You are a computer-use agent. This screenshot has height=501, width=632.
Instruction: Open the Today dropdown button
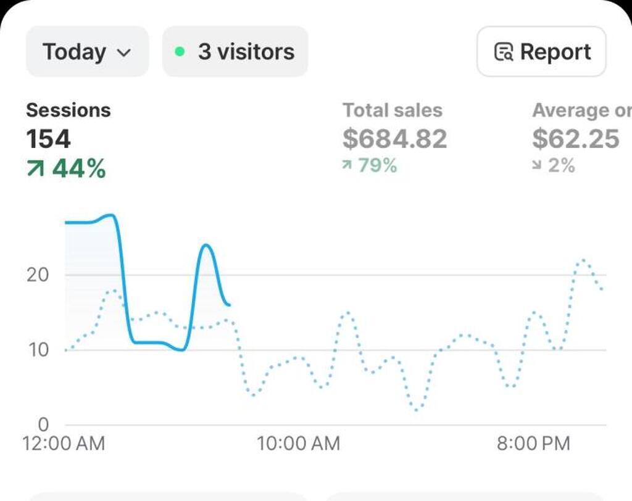(x=87, y=52)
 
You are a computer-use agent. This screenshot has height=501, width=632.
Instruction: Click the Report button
(x=541, y=52)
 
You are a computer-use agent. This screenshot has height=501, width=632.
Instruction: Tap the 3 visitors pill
(x=235, y=52)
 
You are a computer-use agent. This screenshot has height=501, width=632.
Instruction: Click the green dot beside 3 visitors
(x=180, y=52)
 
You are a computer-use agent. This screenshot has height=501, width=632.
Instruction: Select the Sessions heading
(x=68, y=110)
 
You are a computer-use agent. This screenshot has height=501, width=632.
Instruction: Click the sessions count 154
(x=48, y=139)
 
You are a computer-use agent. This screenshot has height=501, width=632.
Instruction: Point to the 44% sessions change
(x=66, y=168)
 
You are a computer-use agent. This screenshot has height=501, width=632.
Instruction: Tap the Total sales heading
(x=393, y=110)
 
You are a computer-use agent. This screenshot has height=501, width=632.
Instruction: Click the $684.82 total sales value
(x=395, y=139)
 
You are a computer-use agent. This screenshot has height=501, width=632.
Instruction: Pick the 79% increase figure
(x=370, y=165)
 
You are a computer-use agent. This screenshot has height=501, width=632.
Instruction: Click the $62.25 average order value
(x=576, y=139)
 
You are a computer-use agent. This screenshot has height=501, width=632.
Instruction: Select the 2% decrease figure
(x=554, y=165)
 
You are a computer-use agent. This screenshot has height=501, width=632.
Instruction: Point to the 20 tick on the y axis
(x=37, y=275)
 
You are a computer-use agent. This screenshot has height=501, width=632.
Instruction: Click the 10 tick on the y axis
(x=37, y=350)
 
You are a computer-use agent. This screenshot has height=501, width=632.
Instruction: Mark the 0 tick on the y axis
(x=43, y=424)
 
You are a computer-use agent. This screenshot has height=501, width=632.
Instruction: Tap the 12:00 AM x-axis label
(x=64, y=443)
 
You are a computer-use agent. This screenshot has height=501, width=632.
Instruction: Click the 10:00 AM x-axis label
(x=299, y=443)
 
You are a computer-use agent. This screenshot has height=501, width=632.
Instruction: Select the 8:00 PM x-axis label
(x=533, y=443)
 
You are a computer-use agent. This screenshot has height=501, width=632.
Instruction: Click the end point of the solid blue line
(x=229, y=305)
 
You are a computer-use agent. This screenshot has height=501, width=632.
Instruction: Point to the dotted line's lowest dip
(x=418, y=410)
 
